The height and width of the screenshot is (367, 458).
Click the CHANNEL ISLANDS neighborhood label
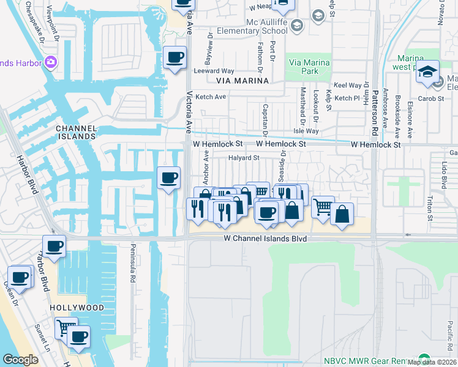pos(75,132)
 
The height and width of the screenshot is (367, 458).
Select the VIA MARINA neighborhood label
pos(242,81)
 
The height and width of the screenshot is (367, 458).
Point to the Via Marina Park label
pos(309,67)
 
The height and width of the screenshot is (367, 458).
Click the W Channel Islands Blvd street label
pos(265,238)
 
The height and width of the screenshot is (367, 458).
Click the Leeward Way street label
pos(219,71)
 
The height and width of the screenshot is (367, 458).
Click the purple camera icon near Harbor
pos(50,62)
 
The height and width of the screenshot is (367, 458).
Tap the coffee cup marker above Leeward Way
pos(175,57)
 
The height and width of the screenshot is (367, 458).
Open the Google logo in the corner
pos(20,360)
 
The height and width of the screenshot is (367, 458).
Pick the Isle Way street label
pos(306,131)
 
